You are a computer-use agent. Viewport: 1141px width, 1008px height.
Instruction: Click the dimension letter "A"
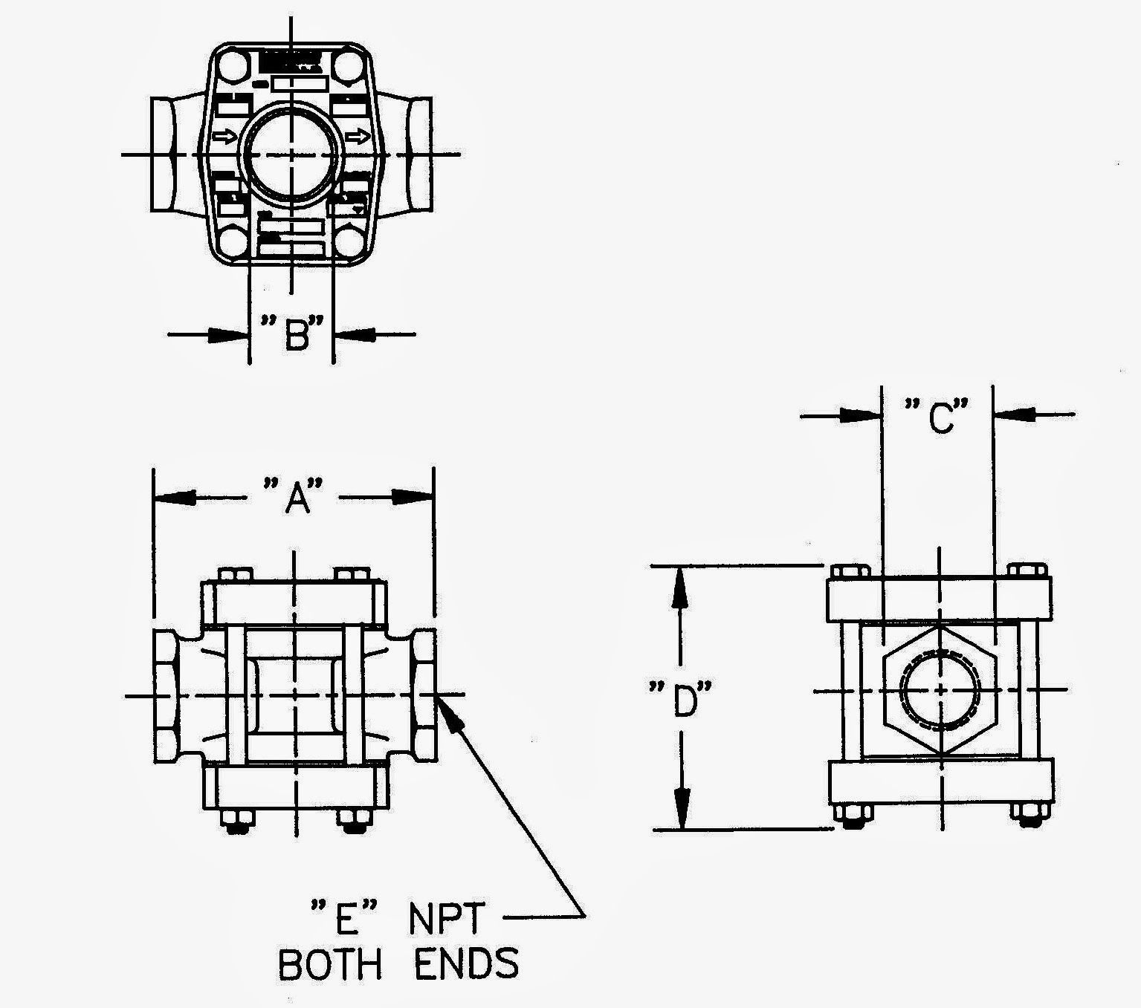(x=295, y=497)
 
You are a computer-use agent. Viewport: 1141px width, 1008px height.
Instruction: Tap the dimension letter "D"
(x=682, y=701)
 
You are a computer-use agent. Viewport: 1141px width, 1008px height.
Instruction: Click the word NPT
(x=447, y=920)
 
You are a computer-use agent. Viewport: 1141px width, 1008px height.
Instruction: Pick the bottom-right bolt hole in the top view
(x=348, y=242)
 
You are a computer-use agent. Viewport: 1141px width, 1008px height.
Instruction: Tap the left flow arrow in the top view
(x=225, y=137)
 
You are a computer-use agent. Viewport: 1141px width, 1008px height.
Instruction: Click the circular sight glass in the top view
(x=291, y=154)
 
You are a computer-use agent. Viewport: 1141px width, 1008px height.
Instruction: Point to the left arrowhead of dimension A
(x=175, y=497)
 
